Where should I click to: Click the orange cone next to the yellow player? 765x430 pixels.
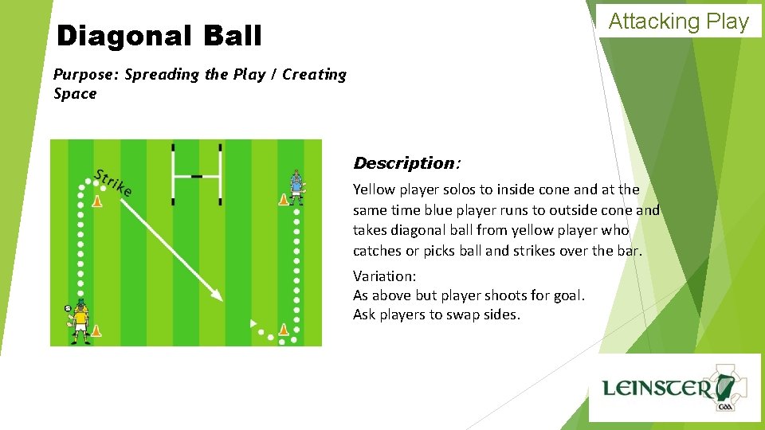[96, 330]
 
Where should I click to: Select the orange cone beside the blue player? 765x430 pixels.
[283, 199]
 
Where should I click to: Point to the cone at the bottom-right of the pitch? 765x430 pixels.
[283, 328]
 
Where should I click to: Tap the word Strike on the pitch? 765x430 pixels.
[112, 183]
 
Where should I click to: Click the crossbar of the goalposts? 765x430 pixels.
[197, 174]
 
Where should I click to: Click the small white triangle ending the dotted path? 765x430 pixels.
[253, 323]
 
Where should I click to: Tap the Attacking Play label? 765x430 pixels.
[678, 21]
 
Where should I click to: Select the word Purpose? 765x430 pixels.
[86, 75]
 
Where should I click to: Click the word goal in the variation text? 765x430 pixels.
[567, 295]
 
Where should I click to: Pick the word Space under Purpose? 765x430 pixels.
[75, 94]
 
